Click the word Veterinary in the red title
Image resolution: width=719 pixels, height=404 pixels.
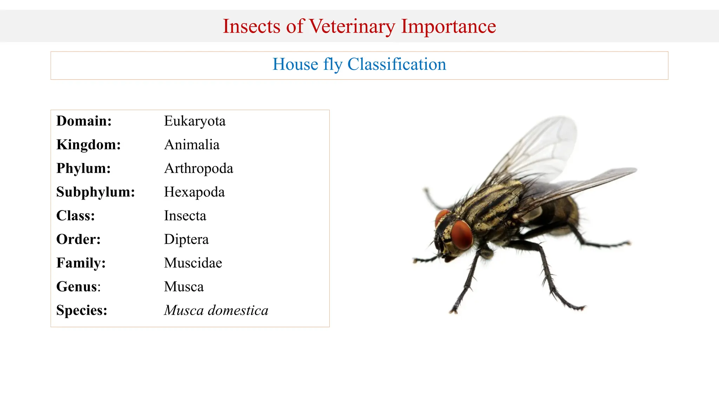tap(352, 27)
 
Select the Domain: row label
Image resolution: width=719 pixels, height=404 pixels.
tap(84, 121)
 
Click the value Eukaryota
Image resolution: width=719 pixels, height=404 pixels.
tap(194, 121)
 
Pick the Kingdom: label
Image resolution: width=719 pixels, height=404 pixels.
tap(88, 145)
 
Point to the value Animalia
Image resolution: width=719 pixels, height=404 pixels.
tap(192, 145)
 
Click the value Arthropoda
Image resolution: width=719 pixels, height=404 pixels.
tap(198, 169)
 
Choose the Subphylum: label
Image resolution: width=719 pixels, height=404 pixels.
tap(95, 192)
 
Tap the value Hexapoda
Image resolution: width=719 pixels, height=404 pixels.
tap(194, 192)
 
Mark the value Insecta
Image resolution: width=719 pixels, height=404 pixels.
tap(185, 216)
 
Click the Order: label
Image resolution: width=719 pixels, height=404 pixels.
tap(78, 240)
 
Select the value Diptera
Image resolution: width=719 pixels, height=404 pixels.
tap(186, 240)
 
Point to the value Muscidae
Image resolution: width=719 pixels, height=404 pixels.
tap(193, 263)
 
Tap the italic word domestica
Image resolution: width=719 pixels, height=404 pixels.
tap(238, 310)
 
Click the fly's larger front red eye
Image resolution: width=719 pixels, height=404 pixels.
tap(461, 235)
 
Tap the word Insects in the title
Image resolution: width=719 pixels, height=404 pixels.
tap(251, 27)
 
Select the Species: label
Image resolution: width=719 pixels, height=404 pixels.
tap(81, 310)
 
